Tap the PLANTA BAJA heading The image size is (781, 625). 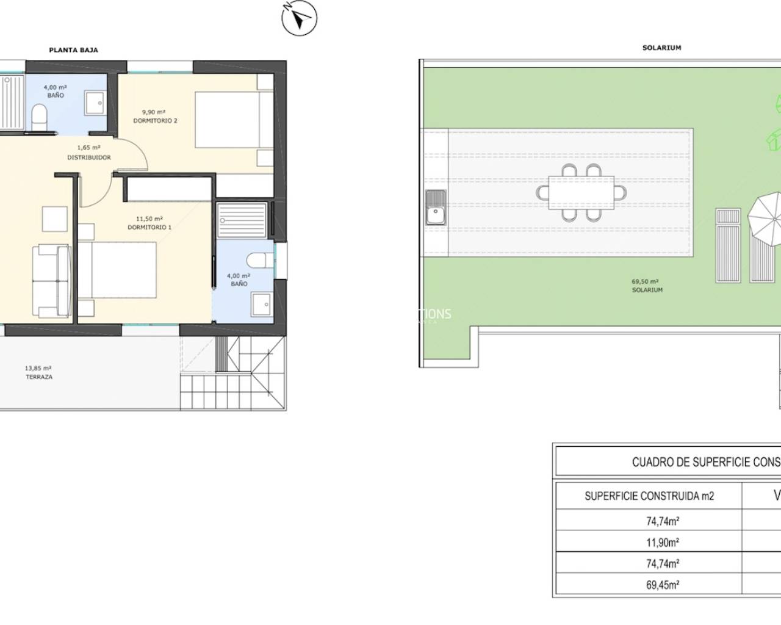point(73,50)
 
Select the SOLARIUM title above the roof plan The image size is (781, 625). point(661,48)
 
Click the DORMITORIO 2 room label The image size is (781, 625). point(155,121)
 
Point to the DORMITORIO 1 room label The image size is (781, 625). point(149,227)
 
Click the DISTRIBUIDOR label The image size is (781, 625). point(89,157)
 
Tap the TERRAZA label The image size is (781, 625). point(38,377)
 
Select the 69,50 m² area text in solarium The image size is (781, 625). point(645,282)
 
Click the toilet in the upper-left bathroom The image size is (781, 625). point(38,114)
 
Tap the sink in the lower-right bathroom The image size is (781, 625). point(262,302)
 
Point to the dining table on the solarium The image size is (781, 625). point(581,193)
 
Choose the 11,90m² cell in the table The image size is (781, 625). point(662,542)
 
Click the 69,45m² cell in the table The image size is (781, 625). point(662,585)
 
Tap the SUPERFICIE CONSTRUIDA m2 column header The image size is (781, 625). point(649,496)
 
